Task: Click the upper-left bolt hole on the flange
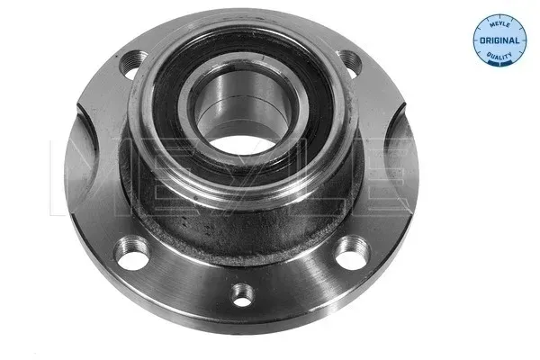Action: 132,63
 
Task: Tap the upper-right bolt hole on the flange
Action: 350,63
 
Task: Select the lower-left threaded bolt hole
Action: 132,253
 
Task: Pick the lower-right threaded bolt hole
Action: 352,253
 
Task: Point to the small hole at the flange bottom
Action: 242,295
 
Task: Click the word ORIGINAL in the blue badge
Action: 499,40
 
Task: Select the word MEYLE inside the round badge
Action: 499,23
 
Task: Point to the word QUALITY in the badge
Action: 499,55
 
